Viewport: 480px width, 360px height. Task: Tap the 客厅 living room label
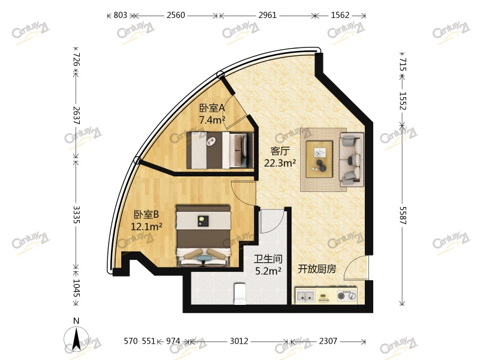[280, 151]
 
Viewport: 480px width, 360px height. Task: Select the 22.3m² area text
[280, 162]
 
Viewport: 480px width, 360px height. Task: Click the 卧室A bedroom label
[212, 108]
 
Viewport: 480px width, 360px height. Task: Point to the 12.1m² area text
[148, 226]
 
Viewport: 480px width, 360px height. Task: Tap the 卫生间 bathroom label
[268, 259]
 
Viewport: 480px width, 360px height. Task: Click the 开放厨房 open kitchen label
[317, 269]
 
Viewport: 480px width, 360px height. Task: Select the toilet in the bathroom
[239, 294]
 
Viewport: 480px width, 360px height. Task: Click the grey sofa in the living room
[351, 158]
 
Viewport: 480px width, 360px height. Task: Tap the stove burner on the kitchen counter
[346, 296]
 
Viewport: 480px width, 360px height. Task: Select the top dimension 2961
[268, 16]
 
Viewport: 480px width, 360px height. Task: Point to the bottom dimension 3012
[239, 341]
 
